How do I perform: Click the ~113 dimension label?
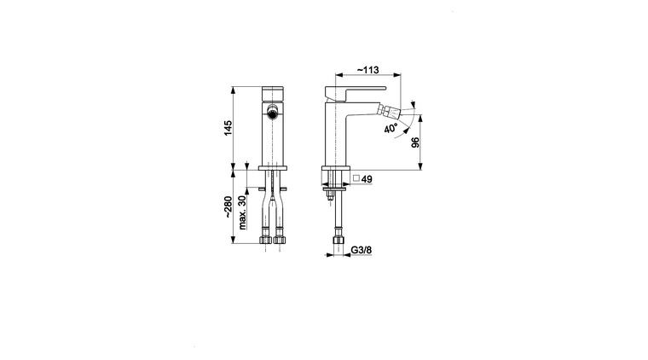point(367,70)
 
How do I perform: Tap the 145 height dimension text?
point(228,128)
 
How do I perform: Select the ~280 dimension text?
point(228,207)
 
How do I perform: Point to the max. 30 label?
point(242,212)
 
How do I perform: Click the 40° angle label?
point(391,128)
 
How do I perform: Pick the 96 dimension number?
point(415,142)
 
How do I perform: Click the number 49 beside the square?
point(367,179)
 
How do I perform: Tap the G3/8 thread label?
point(362,250)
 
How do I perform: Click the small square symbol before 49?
point(356,178)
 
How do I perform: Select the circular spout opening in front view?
point(272,112)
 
